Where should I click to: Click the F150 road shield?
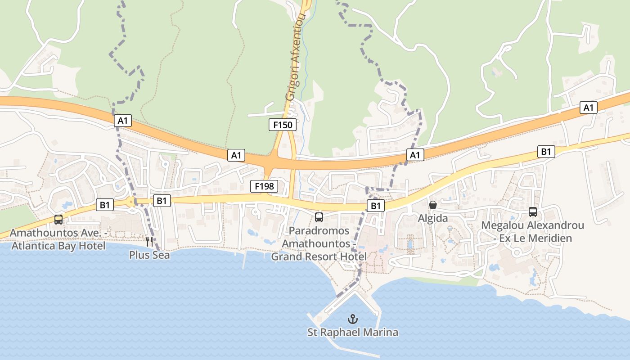click(283, 125)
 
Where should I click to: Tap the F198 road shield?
click(264, 186)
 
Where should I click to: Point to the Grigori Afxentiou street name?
click(295, 56)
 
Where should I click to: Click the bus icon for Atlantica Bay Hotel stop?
click(58, 219)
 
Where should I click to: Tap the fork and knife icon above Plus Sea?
click(149, 241)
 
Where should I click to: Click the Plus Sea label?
click(149, 255)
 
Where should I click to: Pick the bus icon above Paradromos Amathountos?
click(319, 217)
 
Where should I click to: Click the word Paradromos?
click(319, 231)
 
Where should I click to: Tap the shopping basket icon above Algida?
click(433, 205)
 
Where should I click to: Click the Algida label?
click(433, 218)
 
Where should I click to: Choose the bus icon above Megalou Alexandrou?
click(533, 211)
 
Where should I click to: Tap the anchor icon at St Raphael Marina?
click(353, 319)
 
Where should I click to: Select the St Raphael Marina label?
click(353, 333)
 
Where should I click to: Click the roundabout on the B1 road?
click(131, 202)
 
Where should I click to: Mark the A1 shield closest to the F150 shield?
click(236, 155)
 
